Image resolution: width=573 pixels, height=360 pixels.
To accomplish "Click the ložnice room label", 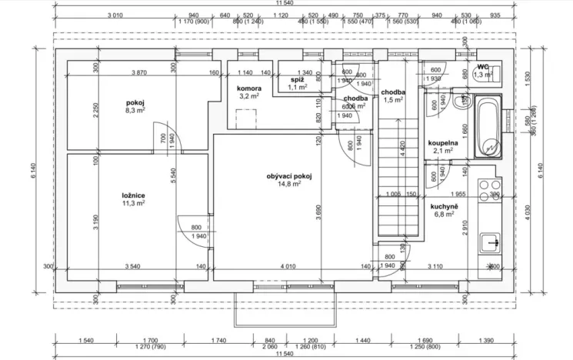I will (112, 196).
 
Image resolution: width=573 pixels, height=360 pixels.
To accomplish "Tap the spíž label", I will (297, 79).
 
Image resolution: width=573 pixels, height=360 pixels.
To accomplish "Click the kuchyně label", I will (444, 206).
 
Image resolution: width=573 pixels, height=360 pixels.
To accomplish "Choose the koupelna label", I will (443, 142).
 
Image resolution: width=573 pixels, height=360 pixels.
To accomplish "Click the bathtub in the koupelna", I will (488, 126).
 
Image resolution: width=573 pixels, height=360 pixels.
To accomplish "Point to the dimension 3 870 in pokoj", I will (139, 73).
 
